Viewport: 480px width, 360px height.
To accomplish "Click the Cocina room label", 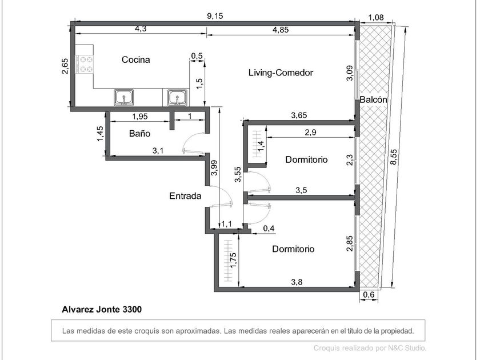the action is (135, 59).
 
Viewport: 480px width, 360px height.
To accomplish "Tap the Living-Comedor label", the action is (281, 73).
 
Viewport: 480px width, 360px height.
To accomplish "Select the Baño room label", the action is (139, 134).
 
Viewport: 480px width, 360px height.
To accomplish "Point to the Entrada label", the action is (185, 196).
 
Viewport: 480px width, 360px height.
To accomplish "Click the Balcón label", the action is (373, 100).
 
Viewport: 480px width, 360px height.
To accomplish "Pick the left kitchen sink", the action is (124, 97).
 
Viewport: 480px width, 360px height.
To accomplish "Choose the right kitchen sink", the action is (177, 98).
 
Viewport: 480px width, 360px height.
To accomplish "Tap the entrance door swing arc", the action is (226, 193).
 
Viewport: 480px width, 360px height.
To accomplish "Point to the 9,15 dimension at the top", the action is (215, 16).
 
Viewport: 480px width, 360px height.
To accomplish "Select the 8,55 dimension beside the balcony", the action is (393, 157).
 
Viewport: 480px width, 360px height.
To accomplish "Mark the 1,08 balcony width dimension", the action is (376, 18).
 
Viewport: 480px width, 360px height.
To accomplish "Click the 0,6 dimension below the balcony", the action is (369, 295).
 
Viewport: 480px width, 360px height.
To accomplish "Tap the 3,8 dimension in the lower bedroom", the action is (297, 282).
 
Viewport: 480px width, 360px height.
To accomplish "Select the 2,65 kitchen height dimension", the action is (65, 66).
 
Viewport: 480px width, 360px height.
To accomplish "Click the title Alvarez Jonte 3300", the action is (102, 310).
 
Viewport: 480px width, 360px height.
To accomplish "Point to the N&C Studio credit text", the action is (370, 348).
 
